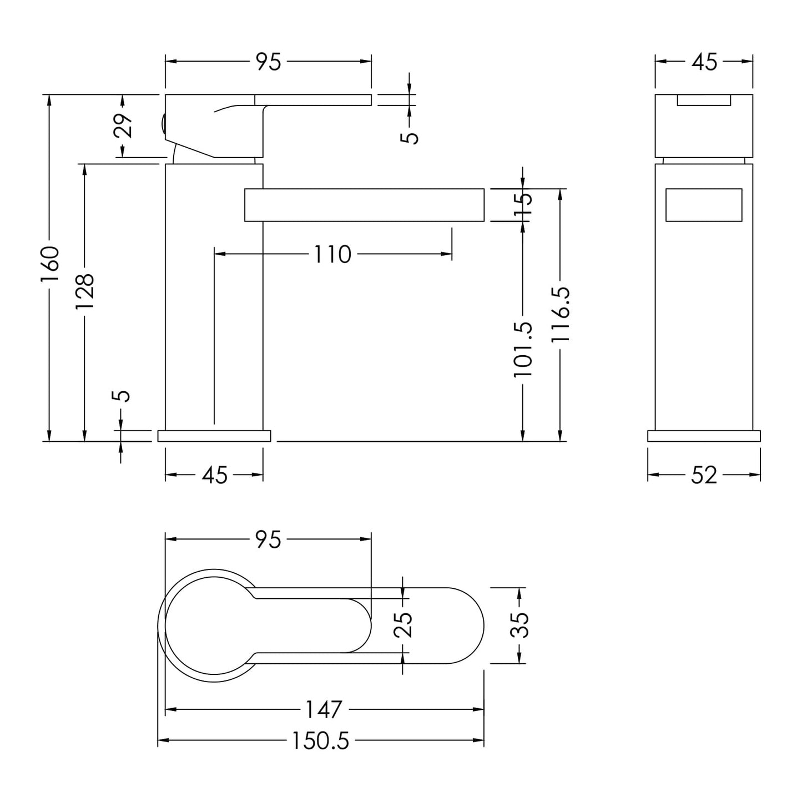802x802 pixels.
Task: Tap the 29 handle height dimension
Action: click(x=123, y=125)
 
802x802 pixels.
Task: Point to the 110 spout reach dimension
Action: click(x=332, y=254)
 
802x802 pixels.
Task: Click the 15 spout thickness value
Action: click(x=523, y=204)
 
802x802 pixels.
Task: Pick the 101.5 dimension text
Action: click(x=523, y=349)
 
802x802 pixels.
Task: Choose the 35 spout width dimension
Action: click(x=520, y=625)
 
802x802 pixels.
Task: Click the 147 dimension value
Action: click(x=324, y=709)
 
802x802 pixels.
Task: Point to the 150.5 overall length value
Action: click(x=320, y=742)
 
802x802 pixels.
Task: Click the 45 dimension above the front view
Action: click(x=704, y=62)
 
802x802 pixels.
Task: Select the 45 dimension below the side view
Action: click(x=215, y=475)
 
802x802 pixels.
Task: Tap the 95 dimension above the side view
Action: click(x=269, y=62)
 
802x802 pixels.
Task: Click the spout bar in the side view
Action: click(x=364, y=205)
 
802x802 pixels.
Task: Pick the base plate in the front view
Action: click(x=704, y=436)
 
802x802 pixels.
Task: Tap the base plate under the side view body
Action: click(x=214, y=436)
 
